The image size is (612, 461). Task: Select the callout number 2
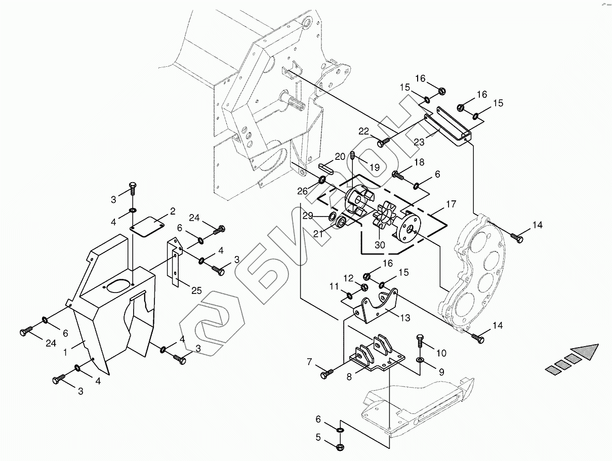[x=172, y=211]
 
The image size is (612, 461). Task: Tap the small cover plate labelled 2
[x=147, y=225]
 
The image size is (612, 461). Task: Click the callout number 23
[x=419, y=143]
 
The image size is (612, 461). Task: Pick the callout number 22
[x=363, y=132]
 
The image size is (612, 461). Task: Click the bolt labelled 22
[x=383, y=143]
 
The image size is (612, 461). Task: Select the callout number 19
[x=374, y=166]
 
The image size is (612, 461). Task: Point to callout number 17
[x=451, y=204]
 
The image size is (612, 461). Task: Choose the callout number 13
[x=404, y=318]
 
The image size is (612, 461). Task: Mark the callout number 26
[x=302, y=191]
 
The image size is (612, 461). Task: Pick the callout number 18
[x=419, y=162]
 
